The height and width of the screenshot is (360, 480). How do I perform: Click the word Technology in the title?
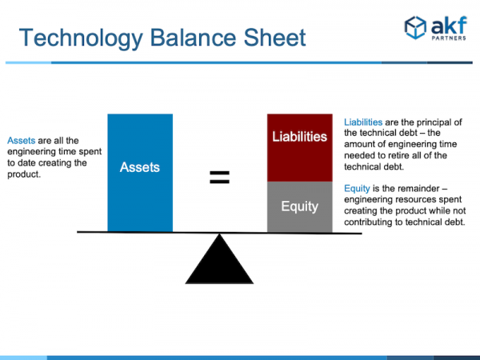(x=81, y=38)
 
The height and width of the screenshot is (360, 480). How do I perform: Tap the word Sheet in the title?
(x=274, y=38)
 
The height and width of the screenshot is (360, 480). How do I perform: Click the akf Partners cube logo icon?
(x=415, y=27)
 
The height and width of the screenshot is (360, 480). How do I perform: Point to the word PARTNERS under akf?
(x=449, y=38)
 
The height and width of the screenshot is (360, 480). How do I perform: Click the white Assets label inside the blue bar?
(x=140, y=167)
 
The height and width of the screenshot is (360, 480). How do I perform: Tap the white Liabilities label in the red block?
(x=300, y=137)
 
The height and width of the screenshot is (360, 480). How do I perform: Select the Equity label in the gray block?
(x=300, y=206)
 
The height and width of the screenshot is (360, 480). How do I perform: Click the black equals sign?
(x=219, y=178)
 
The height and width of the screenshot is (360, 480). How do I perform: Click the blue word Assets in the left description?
(x=22, y=141)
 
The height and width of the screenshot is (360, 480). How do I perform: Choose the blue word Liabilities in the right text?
(x=363, y=122)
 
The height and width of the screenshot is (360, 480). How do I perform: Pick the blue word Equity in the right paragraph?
(x=357, y=189)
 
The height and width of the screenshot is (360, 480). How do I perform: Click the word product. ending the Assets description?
(x=24, y=174)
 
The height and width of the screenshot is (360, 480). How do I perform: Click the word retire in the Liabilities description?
(x=398, y=155)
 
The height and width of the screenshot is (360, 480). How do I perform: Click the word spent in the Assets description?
(x=90, y=152)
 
